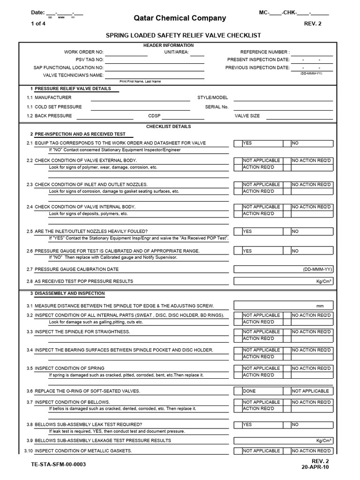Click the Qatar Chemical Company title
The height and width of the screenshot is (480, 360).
point(180,18)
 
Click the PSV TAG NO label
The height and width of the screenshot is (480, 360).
point(90,60)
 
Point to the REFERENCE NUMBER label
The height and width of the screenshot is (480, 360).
point(265,52)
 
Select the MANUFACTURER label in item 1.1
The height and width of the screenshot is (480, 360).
point(53,97)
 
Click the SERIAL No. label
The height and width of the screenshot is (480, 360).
point(217,107)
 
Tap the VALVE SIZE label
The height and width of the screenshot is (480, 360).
point(247,116)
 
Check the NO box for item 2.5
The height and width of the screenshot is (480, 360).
point(312,231)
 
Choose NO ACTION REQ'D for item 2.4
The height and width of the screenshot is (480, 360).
point(312,207)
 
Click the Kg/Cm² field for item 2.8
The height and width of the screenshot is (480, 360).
point(284,281)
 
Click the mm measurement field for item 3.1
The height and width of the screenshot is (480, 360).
point(284,306)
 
